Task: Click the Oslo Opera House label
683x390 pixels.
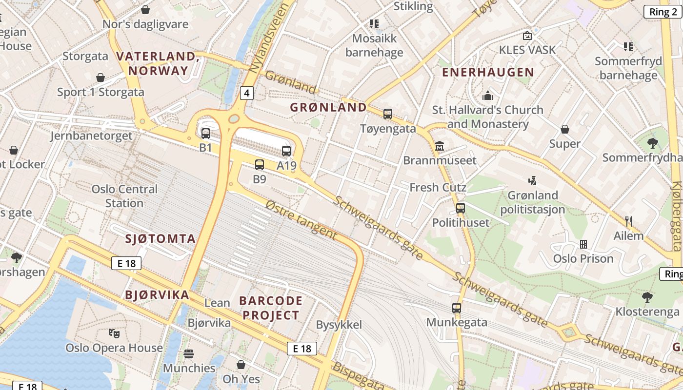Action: tap(114, 348)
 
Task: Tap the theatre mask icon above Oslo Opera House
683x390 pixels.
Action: tap(114, 333)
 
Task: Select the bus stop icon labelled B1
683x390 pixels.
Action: tap(206, 133)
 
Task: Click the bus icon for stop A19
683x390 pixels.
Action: tap(286, 151)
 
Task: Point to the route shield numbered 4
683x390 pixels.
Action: tap(247, 93)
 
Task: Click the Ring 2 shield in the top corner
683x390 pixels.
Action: tap(663, 12)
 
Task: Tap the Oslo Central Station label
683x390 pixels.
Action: tap(124, 196)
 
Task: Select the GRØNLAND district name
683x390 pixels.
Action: tap(328, 107)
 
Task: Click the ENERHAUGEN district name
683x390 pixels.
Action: tap(488, 73)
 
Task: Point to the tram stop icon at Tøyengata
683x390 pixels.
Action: tap(388, 114)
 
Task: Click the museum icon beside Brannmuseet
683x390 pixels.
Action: tap(440, 146)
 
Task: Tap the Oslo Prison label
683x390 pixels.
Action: tap(583, 258)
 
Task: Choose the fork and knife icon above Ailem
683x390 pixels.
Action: tap(629, 221)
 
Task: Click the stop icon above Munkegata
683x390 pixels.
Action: tap(457, 308)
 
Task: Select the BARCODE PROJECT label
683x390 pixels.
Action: tap(272, 308)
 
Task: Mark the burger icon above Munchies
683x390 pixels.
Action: tap(189, 354)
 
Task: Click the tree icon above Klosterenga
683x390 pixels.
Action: tap(647, 297)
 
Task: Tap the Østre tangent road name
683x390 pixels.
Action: tap(301, 221)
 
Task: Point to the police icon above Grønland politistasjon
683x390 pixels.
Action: tap(532, 181)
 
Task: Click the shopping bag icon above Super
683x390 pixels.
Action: tap(564, 129)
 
